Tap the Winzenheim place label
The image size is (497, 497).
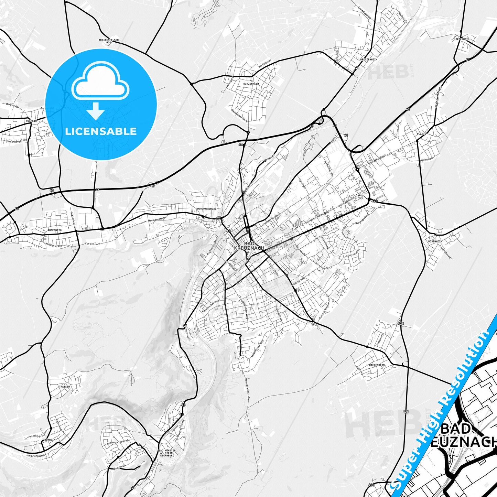pos(251,84)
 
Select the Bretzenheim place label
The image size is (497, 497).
pos(369,59)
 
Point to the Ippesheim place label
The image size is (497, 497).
pos(462,39)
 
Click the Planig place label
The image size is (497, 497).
pos(421,134)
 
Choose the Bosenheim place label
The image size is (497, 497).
pos(435,241)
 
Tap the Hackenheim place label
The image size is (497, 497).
pos(377,365)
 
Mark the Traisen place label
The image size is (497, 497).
pos(64,387)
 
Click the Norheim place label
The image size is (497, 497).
pos(50,440)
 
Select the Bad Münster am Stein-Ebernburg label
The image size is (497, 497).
pos(167,453)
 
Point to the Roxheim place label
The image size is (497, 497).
pos(31,121)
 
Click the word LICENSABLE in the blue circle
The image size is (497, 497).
pos(101,131)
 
